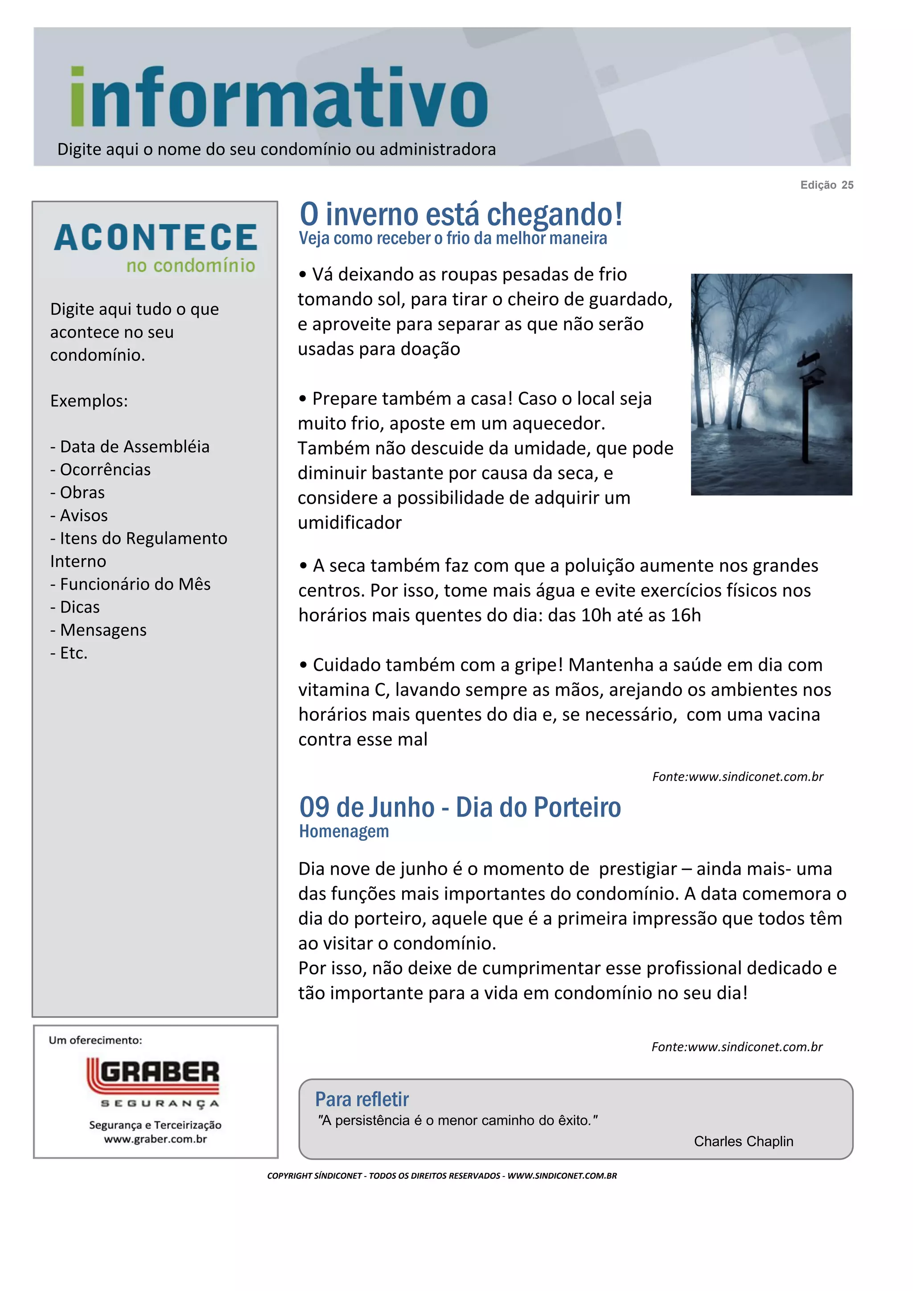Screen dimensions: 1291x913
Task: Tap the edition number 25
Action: (x=847, y=185)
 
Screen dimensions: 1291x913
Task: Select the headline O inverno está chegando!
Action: (x=461, y=214)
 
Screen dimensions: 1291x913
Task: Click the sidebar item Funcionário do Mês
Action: (x=131, y=584)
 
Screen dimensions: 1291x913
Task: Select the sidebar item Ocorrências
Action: (x=101, y=469)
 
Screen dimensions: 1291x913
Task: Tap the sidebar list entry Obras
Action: (x=78, y=493)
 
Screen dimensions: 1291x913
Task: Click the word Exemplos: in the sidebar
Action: (x=89, y=401)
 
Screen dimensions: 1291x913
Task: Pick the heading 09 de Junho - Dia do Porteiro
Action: (x=460, y=807)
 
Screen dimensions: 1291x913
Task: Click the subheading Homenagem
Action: (x=344, y=831)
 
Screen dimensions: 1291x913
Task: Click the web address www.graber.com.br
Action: (x=155, y=1139)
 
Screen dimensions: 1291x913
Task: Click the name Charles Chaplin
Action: (x=743, y=1141)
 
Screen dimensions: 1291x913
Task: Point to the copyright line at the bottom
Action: (x=442, y=1176)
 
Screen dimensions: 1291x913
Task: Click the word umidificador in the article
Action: (x=350, y=523)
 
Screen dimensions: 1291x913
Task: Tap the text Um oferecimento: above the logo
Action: (x=95, y=1040)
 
